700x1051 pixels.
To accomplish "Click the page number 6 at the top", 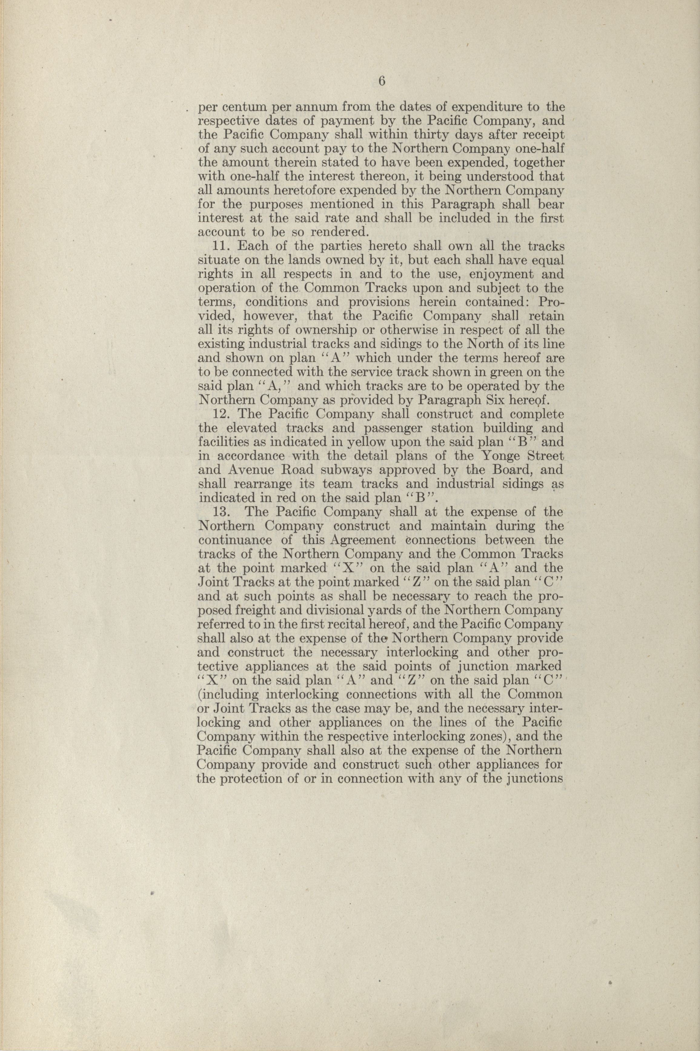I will [381, 81].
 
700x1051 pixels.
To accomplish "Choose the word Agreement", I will [363, 540].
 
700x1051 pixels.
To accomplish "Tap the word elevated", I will [251, 429].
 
